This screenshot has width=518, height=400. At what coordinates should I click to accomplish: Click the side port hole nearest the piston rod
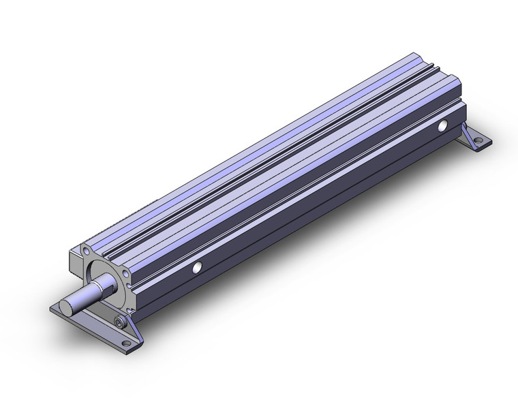(x=198, y=266)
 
